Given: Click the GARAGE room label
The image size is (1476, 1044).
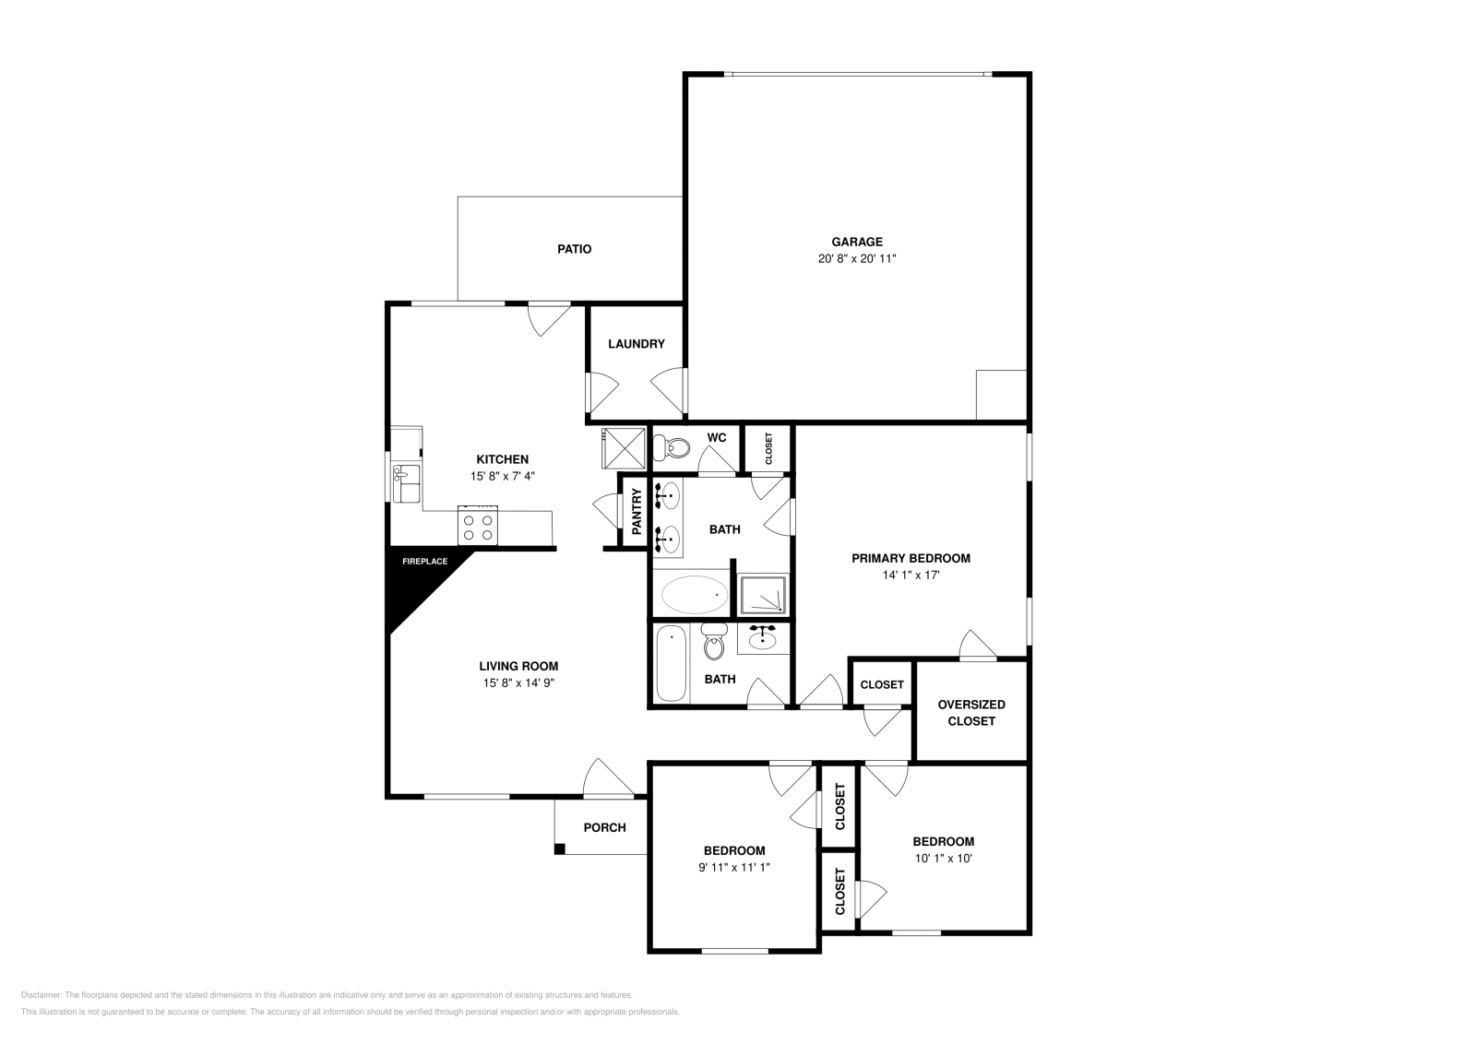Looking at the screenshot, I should coord(857,243).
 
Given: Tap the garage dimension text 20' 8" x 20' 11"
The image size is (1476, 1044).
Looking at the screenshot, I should coord(857,259).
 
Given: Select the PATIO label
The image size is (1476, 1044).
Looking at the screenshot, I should coord(574,249).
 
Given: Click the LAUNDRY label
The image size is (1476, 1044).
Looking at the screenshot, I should coord(636,344).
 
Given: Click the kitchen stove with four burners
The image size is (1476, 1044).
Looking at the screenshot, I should coord(478,526).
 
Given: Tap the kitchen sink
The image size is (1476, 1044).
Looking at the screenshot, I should coord(405,483).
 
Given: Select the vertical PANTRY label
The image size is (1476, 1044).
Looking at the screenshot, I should coord(637,512).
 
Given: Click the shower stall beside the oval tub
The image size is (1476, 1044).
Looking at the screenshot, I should coord(764,594).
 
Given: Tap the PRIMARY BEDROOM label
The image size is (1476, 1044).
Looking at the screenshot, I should coord(911,558).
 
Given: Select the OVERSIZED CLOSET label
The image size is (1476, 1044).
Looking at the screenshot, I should coord(970,712).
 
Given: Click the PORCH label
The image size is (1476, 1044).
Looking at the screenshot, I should coord(604,827).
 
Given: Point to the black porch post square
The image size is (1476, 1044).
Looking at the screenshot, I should coord(559,848).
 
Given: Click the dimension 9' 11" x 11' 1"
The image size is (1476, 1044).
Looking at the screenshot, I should coord(734,867).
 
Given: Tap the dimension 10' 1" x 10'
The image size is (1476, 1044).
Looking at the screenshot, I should coord(943,858).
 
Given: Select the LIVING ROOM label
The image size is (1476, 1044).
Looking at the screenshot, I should coord(518,666).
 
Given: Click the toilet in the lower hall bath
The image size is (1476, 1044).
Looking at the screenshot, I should coord(713,644).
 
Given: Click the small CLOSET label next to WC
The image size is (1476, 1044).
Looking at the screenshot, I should coord(768,448).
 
